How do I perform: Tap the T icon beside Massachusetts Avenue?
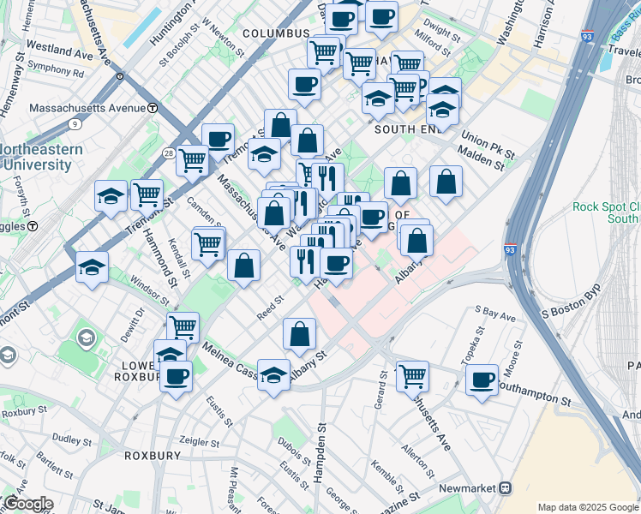152,108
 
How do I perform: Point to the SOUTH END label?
406,128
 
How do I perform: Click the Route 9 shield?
75,124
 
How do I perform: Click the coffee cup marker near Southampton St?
482,379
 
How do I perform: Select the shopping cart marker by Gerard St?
412,375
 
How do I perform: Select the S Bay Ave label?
496,314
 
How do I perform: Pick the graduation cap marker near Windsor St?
92,266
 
